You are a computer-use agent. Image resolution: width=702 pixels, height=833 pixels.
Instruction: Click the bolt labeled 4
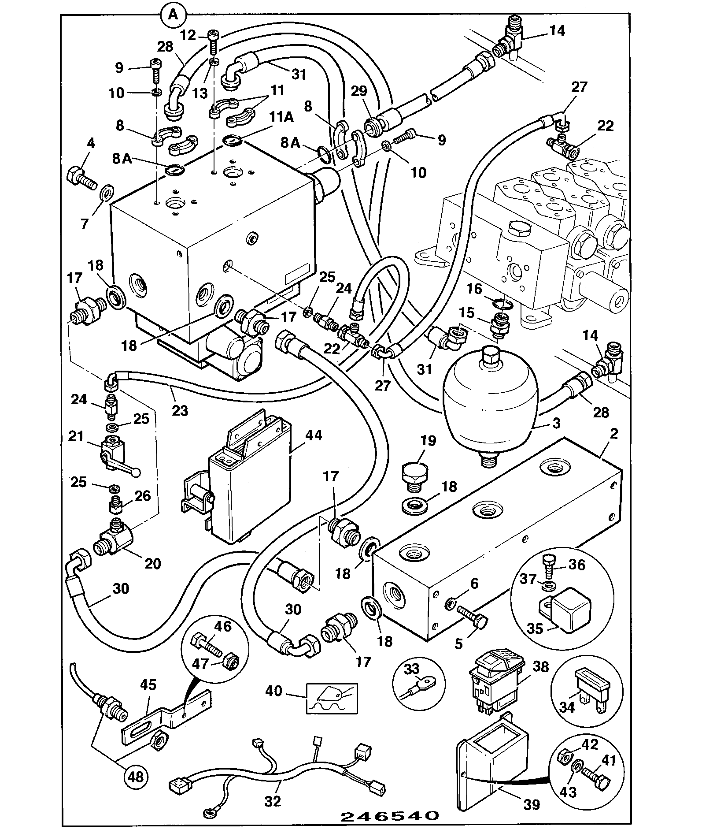[x=81, y=178]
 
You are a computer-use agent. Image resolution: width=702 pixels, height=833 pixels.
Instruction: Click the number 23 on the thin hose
[x=180, y=411]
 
